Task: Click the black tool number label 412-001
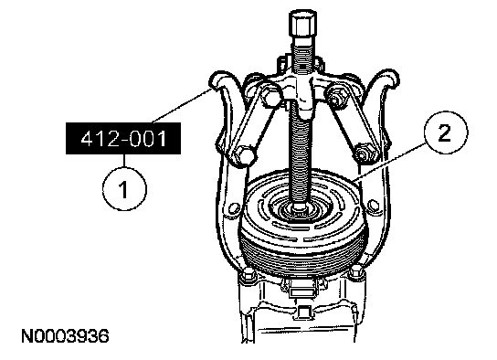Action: click(123, 139)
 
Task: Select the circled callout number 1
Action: click(124, 189)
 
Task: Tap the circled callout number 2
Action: click(445, 132)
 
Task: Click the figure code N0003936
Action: click(65, 336)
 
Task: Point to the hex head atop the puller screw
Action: click(302, 23)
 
